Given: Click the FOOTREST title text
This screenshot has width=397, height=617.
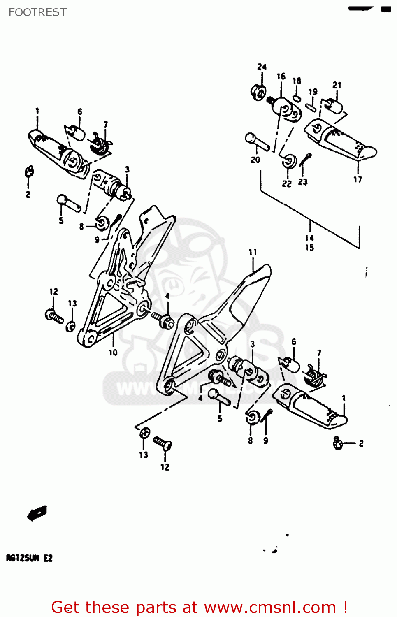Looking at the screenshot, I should pos(37,12).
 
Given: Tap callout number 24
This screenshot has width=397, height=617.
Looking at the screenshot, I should pos(262,67).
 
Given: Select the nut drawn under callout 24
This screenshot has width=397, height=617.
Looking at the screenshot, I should pos(258,92).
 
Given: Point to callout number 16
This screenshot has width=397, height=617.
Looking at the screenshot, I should pos(281,76).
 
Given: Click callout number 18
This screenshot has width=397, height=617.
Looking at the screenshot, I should pos(297,81).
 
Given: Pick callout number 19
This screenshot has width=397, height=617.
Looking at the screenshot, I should pos(313,91).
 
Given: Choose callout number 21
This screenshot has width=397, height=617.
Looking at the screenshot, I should pos(337,85).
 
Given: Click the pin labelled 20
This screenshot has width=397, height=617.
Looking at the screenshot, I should pos(257,141).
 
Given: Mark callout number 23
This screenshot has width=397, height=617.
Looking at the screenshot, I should pos(303,182).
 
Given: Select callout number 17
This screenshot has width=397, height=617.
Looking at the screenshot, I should pos(358,179).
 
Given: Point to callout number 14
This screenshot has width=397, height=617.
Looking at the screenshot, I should pos(309,238).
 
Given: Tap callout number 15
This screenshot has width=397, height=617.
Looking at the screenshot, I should pos(309,248).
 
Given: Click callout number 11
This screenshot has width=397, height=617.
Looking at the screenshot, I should pos(253,252).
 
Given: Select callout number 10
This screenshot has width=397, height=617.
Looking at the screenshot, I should pos(113,353).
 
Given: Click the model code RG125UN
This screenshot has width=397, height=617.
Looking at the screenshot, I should pos(23,558).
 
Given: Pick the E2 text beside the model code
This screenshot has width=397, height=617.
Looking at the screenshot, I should pos(48,558).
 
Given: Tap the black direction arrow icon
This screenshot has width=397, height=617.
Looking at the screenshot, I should pos(37,513).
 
